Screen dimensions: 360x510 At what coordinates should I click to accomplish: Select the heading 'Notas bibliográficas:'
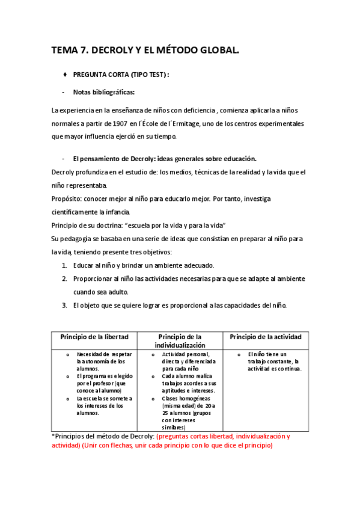pyautogui.click(x=103, y=92)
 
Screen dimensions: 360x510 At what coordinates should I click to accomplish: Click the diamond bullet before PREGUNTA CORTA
pyautogui.click(x=64, y=75)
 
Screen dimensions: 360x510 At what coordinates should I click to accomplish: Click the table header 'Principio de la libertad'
pyautogui.click(x=94, y=336)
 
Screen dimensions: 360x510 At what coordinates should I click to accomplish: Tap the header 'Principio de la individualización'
pyautogui.click(x=180, y=341)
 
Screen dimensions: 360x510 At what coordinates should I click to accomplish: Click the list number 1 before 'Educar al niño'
pyautogui.click(x=64, y=265)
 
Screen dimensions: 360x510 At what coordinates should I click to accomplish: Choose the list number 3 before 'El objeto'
pyautogui.click(x=64, y=305)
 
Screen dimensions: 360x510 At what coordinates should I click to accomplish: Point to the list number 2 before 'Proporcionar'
pyautogui.click(x=64, y=278)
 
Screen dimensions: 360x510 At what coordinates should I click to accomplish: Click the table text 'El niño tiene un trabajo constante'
pyautogui.click(x=270, y=358)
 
